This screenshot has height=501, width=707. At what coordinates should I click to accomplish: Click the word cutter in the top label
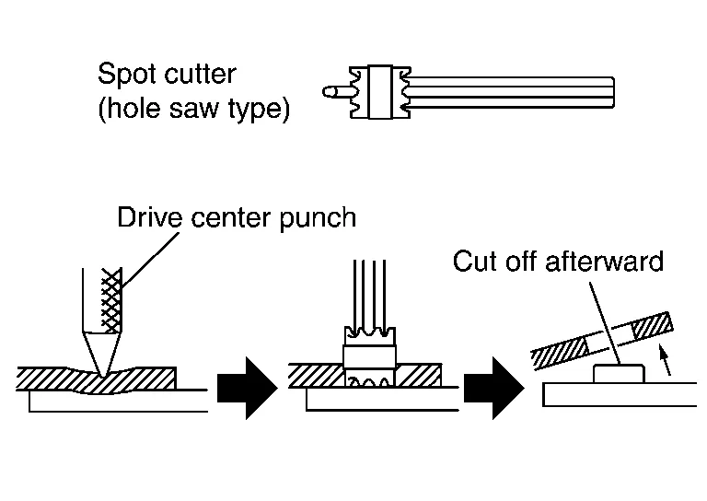tap(201, 73)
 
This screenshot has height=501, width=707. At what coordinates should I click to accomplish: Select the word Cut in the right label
tap(476, 262)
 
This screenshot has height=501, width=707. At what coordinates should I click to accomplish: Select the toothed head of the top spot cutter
tap(381, 91)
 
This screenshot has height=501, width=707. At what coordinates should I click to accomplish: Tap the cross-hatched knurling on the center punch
tap(111, 300)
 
